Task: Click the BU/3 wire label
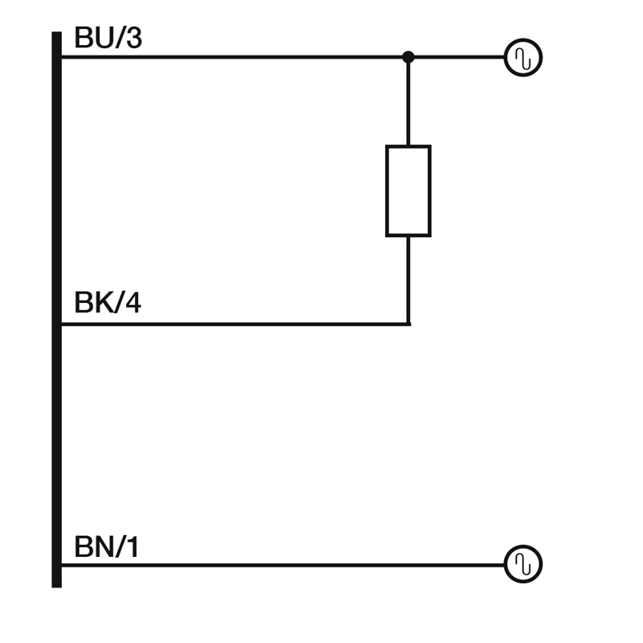(x=108, y=38)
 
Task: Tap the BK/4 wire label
(x=107, y=304)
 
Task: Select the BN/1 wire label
(x=106, y=547)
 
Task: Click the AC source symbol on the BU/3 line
(x=523, y=58)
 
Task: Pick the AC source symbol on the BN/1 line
(x=523, y=564)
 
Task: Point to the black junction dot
(x=408, y=57)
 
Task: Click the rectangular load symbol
(x=408, y=191)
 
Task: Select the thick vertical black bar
(x=56, y=309)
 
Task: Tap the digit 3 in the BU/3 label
(x=133, y=38)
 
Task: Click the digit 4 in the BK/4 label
(x=133, y=304)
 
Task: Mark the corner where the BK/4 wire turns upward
(x=408, y=324)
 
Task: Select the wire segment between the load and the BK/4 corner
(x=408, y=280)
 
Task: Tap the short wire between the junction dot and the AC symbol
(x=457, y=57)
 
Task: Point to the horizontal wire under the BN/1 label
(x=281, y=564)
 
